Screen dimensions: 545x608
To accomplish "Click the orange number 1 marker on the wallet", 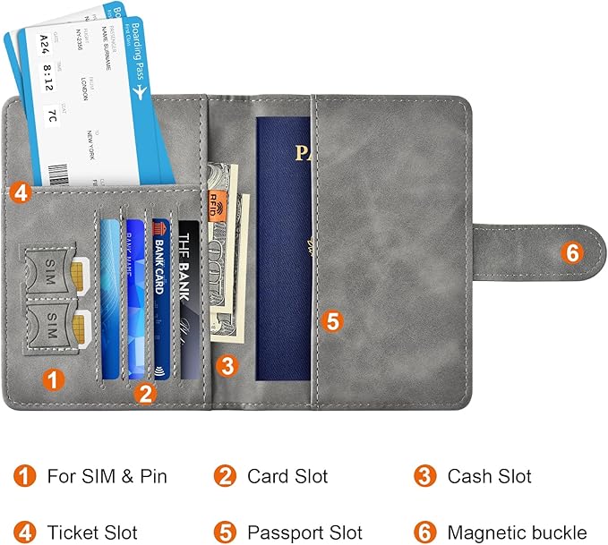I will point(56,379).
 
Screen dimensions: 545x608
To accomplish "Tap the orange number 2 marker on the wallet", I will point(145,392).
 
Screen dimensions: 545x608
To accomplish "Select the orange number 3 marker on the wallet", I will point(227,365).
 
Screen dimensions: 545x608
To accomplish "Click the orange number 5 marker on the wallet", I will point(332,319).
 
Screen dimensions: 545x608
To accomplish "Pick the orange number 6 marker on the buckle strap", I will point(572,253).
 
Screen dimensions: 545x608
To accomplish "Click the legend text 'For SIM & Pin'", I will point(107,476).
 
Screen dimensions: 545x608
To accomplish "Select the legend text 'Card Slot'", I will point(287,476).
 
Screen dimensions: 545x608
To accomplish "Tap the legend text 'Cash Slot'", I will point(489,476).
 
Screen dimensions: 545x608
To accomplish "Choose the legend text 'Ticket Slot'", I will point(92,533).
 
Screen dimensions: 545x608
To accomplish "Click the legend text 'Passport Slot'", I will point(304,533).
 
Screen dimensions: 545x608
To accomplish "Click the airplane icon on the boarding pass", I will point(138,91).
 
